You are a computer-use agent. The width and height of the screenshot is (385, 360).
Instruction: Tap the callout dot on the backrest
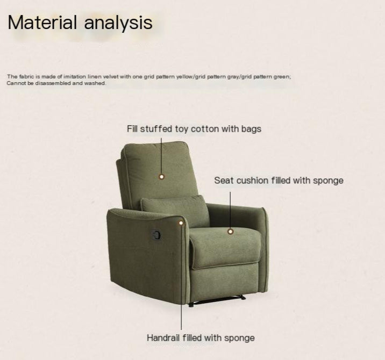pos(161,176)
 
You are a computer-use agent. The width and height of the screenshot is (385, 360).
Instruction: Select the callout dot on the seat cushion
pos(230,232)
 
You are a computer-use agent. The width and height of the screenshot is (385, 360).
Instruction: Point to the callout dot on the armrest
pos(181,222)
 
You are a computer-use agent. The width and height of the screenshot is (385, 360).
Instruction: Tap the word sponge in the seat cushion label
pos(328,181)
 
